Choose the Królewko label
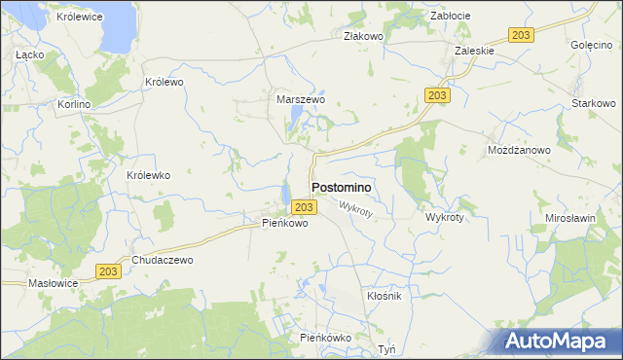point(149,175)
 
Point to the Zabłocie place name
point(451,16)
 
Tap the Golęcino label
point(590,46)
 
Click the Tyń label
point(387,348)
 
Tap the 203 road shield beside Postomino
point(303,207)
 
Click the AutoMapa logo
point(562,341)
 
